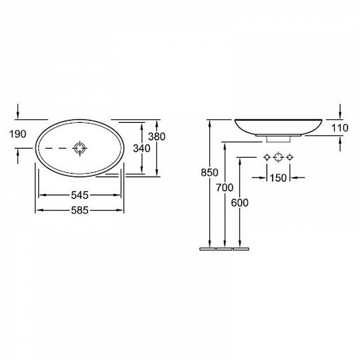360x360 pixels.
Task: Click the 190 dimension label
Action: [x=17, y=134]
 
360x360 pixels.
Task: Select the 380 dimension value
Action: [x=157, y=137]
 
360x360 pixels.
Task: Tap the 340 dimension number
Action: [x=141, y=149]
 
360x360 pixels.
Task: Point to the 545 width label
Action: [x=80, y=195]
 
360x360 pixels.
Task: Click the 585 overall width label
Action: [x=80, y=210]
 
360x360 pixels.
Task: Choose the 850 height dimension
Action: [x=209, y=172]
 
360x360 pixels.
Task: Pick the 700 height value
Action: [x=225, y=188]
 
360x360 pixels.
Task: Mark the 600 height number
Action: [x=240, y=203]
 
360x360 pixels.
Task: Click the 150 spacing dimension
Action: [x=278, y=178]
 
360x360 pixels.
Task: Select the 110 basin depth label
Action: [x=340, y=128]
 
